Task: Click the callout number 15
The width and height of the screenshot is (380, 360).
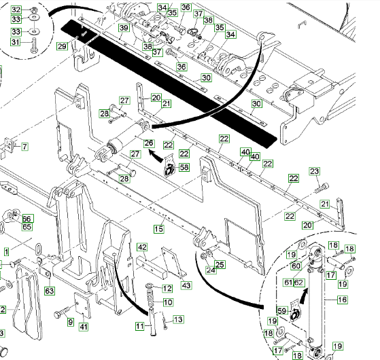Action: (159, 229)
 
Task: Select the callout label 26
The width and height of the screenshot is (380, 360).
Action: (149, 143)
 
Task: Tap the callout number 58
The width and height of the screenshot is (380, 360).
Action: (184, 167)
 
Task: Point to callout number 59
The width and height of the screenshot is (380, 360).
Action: (282, 310)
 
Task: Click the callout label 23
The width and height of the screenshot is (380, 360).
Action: (314, 171)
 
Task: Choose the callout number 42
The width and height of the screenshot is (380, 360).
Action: (142, 247)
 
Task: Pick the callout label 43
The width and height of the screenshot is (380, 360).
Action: (186, 285)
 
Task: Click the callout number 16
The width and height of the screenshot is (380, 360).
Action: (343, 300)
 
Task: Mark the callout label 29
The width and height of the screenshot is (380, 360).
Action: (62, 46)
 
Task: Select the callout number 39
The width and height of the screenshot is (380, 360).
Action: (124, 28)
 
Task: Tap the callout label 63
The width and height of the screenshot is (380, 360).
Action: (50, 291)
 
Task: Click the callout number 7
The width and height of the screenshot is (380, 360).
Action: (24, 147)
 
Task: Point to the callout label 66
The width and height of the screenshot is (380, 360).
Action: (28, 219)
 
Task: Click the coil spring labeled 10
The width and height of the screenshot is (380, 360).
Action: (151, 300)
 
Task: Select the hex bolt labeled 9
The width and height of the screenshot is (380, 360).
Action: (62, 312)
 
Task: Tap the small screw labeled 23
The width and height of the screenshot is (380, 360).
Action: (322, 188)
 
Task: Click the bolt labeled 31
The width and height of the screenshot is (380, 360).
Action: (34, 45)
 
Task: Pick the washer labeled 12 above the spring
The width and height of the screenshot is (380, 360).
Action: (150, 287)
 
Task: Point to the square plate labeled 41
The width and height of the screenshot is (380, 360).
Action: (83, 306)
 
